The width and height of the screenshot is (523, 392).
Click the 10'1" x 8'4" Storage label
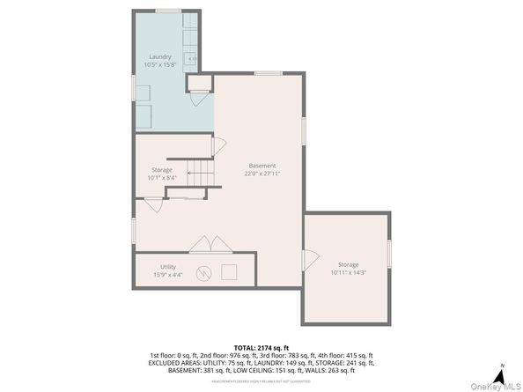coord(162,174)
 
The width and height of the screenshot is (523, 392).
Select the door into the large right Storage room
coord(310,261)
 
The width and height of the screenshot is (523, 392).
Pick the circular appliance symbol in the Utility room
coord(203,272)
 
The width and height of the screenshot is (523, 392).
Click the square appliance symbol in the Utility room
coord(230,272)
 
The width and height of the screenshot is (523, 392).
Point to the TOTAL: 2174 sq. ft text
coord(261,347)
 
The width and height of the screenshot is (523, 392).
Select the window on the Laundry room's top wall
coord(168,11)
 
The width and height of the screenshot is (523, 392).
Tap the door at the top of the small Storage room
coord(219,144)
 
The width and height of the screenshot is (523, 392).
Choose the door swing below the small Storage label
coord(152,204)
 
